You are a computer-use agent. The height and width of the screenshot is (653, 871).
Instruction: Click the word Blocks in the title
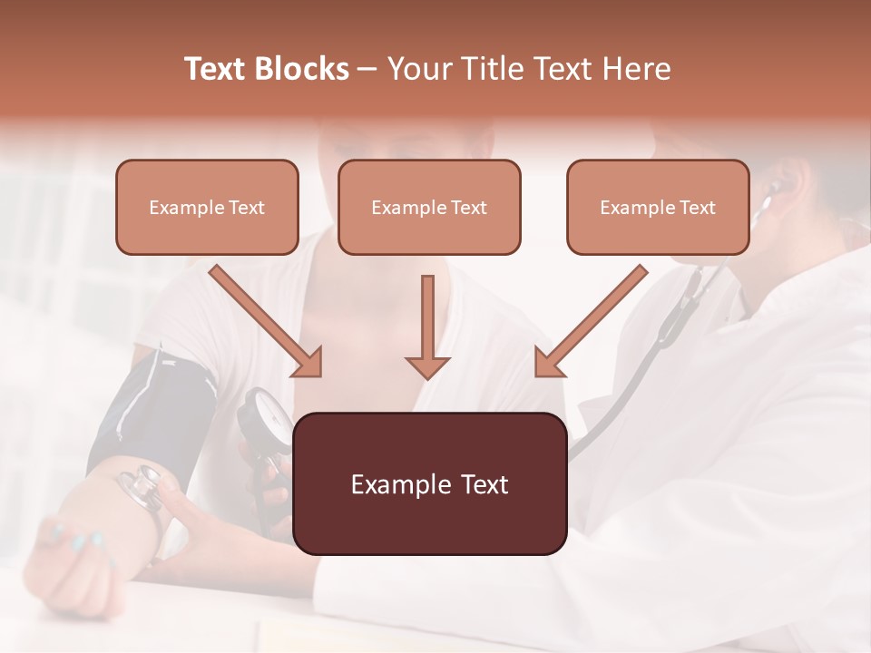click(x=302, y=69)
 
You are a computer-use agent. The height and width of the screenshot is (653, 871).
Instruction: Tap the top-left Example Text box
click(x=207, y=207)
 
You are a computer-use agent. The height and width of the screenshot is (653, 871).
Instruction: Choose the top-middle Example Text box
click(x=429, y=207)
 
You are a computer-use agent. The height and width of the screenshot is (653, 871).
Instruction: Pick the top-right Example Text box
click(x=658, y=207)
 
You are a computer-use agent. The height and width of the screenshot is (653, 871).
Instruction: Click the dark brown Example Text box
click(x=429, y=483)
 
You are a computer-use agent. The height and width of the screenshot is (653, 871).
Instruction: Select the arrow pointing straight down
click(x=427, y=326)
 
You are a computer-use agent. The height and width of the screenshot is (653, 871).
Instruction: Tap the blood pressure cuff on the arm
click(x=154, y=408)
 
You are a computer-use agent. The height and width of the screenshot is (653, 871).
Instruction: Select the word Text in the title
click(x=218, y=69)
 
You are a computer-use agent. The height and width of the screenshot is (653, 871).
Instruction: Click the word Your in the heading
click(x=419, y=69)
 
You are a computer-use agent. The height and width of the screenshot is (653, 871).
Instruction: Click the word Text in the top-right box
click(x=698, y=208)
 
